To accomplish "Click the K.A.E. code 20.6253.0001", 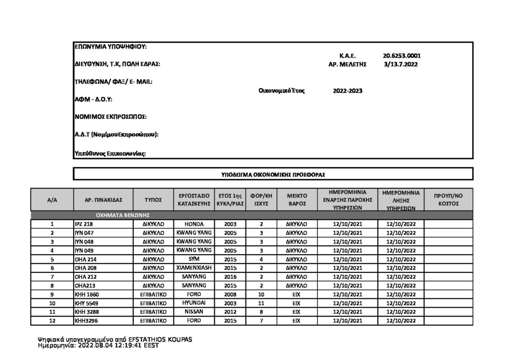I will coord(402,56).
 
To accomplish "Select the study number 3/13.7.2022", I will coord(401,64).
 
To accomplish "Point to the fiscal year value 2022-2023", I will coord(347,91).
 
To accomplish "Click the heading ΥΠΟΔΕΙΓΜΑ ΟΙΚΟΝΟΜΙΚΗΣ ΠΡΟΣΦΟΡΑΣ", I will coord(273,175).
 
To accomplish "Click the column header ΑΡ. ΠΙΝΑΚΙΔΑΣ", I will coord(103,200).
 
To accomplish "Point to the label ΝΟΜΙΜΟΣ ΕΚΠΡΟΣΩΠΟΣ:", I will coord(110,117).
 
